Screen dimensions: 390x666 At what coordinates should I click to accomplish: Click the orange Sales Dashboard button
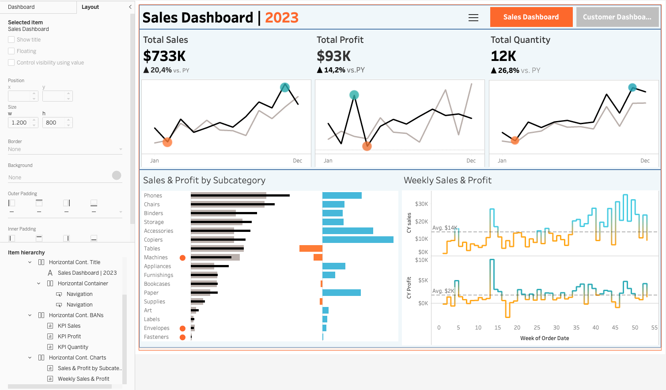531,17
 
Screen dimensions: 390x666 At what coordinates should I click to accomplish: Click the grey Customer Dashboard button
617,17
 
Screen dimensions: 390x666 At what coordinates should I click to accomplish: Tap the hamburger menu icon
473,18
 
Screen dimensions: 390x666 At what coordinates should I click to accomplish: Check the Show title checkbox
11,40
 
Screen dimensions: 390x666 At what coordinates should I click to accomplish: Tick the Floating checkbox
11,51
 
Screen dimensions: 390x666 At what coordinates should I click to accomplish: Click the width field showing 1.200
20,123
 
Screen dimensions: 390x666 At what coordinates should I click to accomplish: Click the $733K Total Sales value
164,56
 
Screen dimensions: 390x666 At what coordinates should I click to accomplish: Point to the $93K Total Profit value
333,56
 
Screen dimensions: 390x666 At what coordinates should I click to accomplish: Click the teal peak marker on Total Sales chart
285,87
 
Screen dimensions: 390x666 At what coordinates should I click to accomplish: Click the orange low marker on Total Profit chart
367,146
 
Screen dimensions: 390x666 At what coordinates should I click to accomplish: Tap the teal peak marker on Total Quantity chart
632,87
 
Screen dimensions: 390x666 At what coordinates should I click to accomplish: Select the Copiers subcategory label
153,240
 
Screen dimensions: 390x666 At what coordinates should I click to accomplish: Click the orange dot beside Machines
182,257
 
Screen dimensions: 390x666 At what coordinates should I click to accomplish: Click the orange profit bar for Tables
311,249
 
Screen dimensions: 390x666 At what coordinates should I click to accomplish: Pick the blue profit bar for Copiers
358,240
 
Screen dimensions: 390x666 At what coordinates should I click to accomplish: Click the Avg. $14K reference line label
445,228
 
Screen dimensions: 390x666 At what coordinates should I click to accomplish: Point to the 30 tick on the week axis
556,328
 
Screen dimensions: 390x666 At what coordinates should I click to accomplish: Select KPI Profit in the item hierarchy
69,337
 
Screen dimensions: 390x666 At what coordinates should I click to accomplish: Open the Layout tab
90,7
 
